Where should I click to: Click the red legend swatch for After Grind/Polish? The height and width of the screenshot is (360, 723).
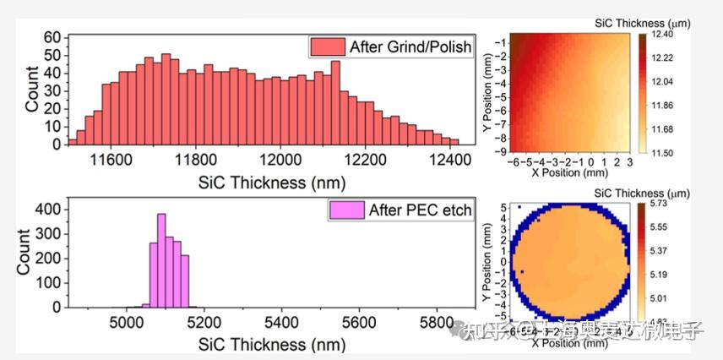(325, 45)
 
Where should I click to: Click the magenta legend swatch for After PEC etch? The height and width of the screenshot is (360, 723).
(349, 210)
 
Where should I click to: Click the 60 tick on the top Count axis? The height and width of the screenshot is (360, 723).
(52, 38)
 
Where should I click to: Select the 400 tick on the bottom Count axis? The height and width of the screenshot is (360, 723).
(48, 207)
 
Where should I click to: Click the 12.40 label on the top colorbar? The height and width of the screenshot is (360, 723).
(668, 34)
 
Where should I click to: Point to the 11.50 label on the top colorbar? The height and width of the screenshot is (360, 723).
(667, 152)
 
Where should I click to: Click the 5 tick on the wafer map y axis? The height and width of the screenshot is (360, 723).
(503, 207)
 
